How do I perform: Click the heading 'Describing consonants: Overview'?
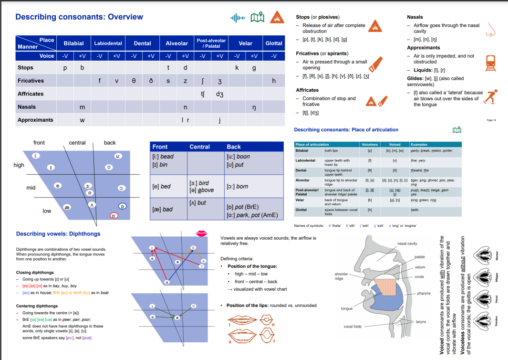point(79,17)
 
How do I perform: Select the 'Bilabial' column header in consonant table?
point(73,43)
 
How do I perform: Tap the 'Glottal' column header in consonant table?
point(274,43)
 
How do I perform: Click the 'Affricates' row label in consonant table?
point(31,94)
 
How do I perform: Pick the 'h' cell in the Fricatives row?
point(274,81)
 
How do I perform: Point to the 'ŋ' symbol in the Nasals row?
point(254,107)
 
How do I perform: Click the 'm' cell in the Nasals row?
point(82,107)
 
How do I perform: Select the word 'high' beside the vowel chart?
point(19,165)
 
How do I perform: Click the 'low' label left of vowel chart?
point(47,211)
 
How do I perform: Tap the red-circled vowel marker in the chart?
point(114,216)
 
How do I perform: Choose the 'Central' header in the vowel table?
point(199,147)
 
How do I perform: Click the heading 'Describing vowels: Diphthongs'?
point(58,234)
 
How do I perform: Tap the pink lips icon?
point(202,233)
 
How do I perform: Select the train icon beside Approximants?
point(489,63)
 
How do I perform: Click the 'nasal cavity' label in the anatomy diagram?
point(407,244)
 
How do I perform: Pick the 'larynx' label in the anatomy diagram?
point(421,322)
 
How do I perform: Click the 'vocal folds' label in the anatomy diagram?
point(352,327)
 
